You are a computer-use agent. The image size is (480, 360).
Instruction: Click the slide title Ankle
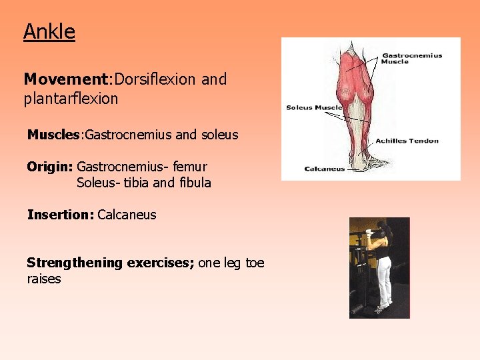tap(49, 31)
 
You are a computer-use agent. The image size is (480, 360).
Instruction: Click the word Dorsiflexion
tap(155, 79)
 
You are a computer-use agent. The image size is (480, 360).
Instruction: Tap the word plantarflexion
tap(71, 99)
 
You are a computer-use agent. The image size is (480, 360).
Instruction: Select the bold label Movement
tap(65, 79)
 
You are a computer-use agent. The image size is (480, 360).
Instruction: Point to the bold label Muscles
tap(53, 135)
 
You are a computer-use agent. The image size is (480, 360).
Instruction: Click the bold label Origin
tap(49, 167)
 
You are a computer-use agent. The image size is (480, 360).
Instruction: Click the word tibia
tap(135, 182)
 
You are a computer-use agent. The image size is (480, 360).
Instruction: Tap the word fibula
tap(195, 182)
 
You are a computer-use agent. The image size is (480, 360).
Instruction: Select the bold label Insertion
tap(59, 215)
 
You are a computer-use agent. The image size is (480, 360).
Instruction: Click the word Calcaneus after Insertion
tap(127, 215)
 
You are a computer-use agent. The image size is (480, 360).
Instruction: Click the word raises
tap(44, 279)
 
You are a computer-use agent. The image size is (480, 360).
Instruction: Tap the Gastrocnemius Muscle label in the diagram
tap(411, 59)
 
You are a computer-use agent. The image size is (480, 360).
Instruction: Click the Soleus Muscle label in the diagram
tap(314, 107)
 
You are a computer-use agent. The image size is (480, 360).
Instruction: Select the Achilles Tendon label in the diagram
tap(407, 141)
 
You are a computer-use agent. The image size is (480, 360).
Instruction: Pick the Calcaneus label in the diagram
tap(325, 169)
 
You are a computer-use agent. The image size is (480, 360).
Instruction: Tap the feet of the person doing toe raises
tap(381, 309)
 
